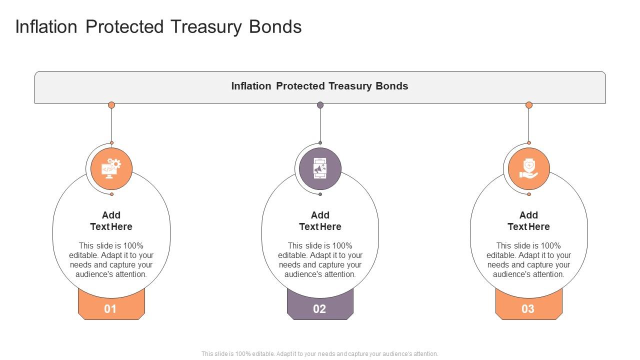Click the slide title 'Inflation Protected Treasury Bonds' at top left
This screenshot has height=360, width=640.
click(x=158, y=27)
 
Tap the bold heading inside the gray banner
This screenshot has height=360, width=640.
click(x=319, y=86)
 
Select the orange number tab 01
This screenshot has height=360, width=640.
click(x=110, y=308)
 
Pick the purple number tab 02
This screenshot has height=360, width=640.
click(x=319, y=308)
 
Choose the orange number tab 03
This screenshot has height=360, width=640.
click(x=528, y=308)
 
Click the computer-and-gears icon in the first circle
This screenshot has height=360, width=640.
click(x=111, y=168)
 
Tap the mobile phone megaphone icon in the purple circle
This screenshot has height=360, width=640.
click(x=320, y=168)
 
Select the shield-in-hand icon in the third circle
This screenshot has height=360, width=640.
click(x=528, y=168)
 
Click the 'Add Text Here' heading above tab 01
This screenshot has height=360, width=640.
click(x=111, y=220)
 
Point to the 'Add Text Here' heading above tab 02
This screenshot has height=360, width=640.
click(x=320, y=220)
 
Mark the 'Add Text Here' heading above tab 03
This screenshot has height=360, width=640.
click(x=528, y=220)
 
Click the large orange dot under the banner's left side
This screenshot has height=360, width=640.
click(x=111, y=105)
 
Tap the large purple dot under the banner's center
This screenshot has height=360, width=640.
click(x=320, y=105)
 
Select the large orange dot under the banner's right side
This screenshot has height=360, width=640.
click(x=529, y=105)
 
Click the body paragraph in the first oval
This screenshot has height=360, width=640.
click(x=111, y=259)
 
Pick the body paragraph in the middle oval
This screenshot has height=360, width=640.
click(x=320, y=259)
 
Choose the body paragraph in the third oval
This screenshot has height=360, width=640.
click(x=528, y=259)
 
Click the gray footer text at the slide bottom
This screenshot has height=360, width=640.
click(x=319, y=353)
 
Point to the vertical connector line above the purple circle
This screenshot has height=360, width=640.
click(x=320, y=125)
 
